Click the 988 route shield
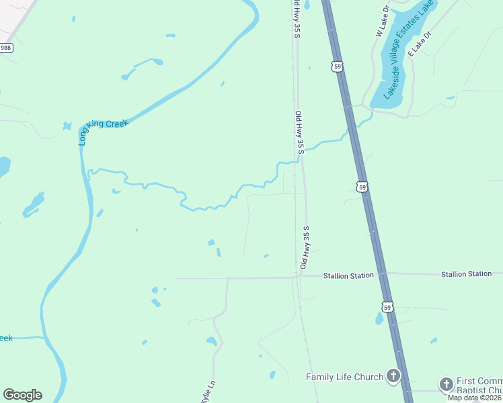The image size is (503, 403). [x=6, y=48]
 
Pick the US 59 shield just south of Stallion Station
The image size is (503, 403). [x=387, y=307]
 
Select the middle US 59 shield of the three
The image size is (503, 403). [x=362, y=187]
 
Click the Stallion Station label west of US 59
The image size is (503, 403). [x=348, y=275]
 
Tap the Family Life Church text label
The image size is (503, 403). [x=344, y=377]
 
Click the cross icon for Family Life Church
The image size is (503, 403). [x=393, y=376]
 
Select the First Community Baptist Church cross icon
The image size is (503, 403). [x=446, y=384]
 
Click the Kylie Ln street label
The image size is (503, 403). [x=207, y=392]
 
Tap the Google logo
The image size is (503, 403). [x=22, y=395]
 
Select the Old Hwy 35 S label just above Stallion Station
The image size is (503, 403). [x=305, y=249]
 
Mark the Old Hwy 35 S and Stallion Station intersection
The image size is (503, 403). [x=301, y=275]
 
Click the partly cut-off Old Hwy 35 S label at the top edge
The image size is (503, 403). [x=295, y=18]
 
